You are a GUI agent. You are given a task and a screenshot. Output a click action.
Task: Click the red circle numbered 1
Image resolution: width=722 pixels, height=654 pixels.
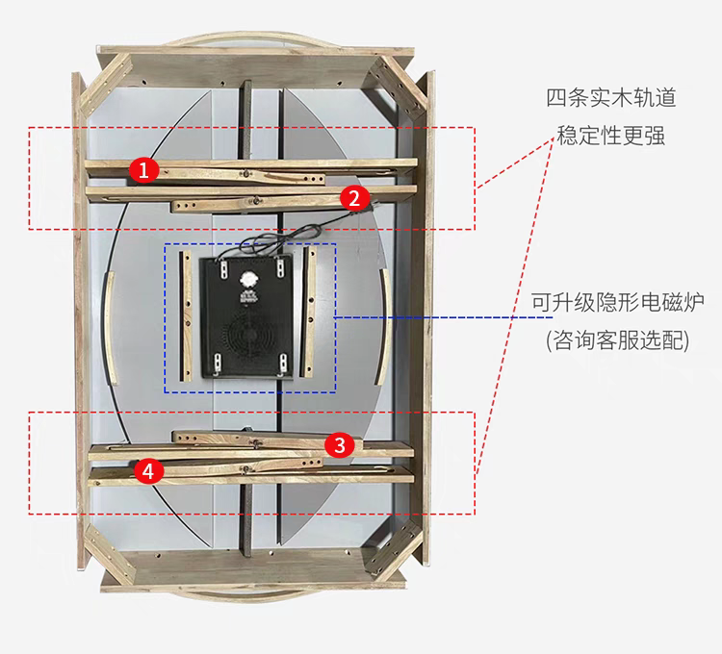[x=143, y=169]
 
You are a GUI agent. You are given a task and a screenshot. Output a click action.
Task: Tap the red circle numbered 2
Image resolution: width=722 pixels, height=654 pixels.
[x=354, y=198]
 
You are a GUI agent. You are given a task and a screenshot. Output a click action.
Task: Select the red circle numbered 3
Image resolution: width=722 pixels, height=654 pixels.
[x=340, y=444]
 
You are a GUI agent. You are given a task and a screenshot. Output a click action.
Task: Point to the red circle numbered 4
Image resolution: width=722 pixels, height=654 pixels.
[x=148, y=470]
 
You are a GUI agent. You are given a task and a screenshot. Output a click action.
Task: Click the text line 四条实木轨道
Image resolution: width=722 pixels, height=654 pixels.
[x=611, y=98]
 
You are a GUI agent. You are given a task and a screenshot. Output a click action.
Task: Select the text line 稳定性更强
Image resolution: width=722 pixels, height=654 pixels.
[x=611, y=136]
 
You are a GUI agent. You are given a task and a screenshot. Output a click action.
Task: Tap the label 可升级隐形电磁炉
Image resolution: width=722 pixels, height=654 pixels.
[x=617, y=302]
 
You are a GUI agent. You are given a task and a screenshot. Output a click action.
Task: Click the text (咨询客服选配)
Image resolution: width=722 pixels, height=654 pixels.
[x=617, y=340]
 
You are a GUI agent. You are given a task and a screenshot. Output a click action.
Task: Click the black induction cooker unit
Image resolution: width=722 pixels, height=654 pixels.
[x=247, y=316]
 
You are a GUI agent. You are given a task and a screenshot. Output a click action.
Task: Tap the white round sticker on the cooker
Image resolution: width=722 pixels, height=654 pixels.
[x=247, y=279]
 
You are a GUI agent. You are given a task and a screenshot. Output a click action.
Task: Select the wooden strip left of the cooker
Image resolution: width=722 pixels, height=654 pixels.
[x=186, y=316]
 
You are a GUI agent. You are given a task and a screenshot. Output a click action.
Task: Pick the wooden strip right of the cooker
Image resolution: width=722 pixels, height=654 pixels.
[x=308, y=312]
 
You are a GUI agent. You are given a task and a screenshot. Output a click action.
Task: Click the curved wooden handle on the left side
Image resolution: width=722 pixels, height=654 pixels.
[x=108, y=328]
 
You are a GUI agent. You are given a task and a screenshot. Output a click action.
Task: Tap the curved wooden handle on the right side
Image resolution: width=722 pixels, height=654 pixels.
[x=385, y=327]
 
